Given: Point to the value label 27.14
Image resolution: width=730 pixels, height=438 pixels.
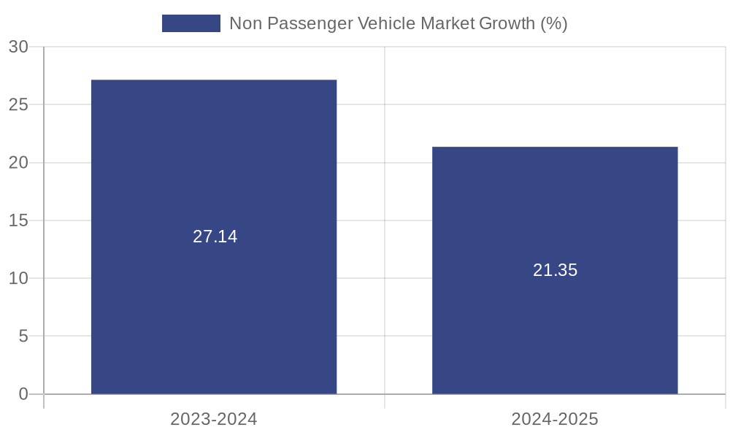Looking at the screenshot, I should click(x=215, y=237).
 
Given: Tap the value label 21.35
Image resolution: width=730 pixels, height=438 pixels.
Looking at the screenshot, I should click(x=555, y=270).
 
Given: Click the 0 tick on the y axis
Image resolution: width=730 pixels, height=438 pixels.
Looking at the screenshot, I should click(x=23, y=394).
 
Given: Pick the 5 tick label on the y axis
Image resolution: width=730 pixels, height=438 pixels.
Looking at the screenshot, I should click(x=23, y=337).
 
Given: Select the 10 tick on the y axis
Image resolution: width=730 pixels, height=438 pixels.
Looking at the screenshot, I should click(x=18, y=278).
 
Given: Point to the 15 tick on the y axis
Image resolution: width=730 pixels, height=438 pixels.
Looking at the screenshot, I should click(x=18, y=220).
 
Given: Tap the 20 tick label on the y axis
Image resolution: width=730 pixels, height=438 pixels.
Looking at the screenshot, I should click(x=18, y=163).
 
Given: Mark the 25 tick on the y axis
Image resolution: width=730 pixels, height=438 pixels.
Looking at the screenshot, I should click(x=18, y=104).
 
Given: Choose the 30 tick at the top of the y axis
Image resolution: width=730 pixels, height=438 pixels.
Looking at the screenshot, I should click(x=18, y=47).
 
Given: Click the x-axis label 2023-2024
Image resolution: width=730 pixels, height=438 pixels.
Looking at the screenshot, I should click(x=214, y=419).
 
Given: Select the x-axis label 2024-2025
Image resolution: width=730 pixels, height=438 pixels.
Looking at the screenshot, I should click(x=555, y=419).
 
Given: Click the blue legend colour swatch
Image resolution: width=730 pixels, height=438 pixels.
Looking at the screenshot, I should click(x=191, y=23).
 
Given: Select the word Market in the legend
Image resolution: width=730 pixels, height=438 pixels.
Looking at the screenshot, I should click(x=447, y=23).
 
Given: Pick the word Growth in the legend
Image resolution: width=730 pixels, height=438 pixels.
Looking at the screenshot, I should click(x=507, y=23).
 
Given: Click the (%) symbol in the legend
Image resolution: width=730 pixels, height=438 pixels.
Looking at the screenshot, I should click(x=553, y=23).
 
